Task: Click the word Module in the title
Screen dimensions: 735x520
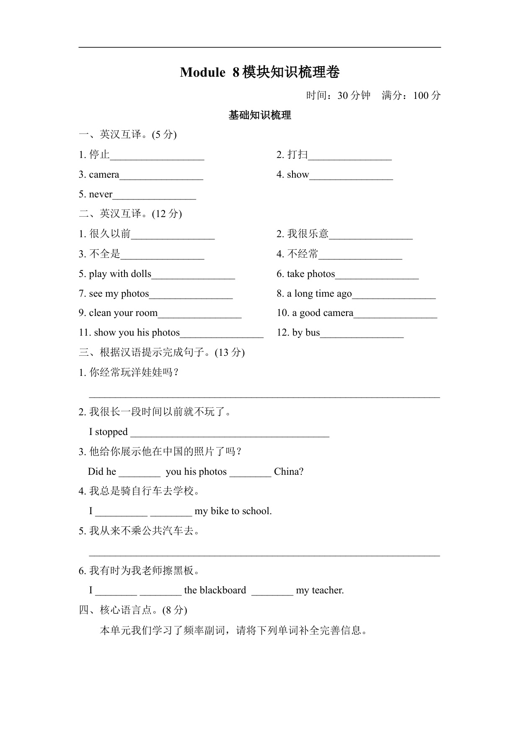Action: click(x=202, y=72)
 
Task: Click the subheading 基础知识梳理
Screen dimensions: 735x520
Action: click(x=260, y=115)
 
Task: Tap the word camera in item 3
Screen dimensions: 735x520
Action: click(x=104, y=174)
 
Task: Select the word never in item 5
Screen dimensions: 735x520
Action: click(x=101, y=194)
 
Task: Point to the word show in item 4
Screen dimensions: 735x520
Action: click(x=298, y=174)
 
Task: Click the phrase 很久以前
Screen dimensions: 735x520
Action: click(x=110, y=233)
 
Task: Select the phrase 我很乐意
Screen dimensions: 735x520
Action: click(x=308, y=233)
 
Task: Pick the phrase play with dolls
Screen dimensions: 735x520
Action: click(x=120, y=274)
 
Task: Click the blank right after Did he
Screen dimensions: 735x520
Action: click(x=140, y=474)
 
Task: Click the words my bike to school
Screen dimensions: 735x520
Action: click(x=233, y=511)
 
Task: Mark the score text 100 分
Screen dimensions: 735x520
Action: click(x=427, y=96)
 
